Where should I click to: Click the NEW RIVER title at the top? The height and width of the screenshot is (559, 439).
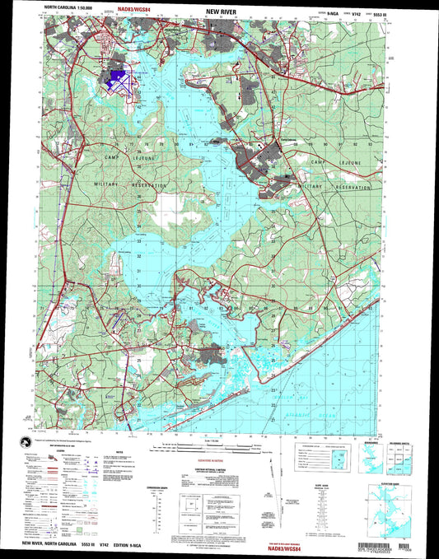pos(217,15)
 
